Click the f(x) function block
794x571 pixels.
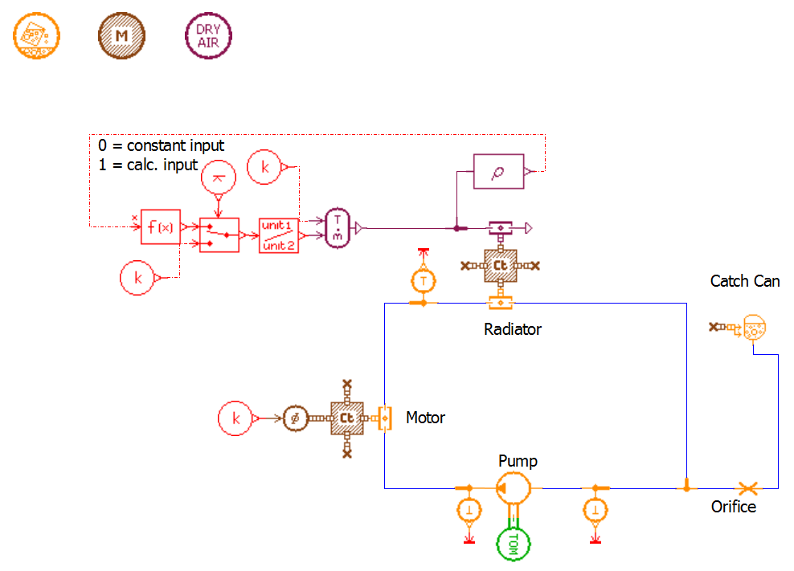click(161, 227)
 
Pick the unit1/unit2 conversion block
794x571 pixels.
click(278, 235)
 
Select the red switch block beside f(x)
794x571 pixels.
click(219, 235)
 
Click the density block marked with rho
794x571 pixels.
click(498, 171)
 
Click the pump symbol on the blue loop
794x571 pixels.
click(513, 487)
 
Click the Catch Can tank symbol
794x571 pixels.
click(754, 328)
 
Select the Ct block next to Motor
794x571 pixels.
click(346, 418)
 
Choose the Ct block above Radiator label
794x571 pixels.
click(500, 265)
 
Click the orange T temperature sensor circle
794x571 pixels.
click(423, 280)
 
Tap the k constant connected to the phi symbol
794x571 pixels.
click(235, 418)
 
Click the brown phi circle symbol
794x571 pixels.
click(295, 418)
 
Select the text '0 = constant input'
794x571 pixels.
click(161, 146)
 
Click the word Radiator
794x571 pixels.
click(513, 329)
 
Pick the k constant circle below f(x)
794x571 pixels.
click(137, 278)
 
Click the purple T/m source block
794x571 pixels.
click(338, 228)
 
